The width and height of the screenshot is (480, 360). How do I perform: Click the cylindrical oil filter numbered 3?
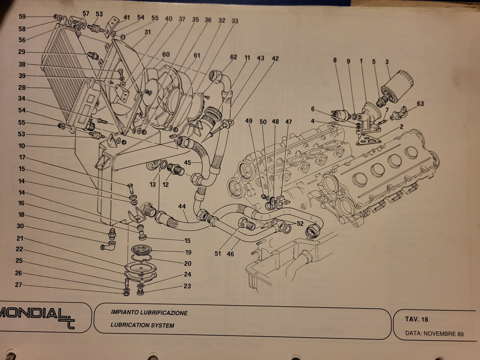click(397, 86)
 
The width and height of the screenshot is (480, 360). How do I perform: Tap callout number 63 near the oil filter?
click(420, 104)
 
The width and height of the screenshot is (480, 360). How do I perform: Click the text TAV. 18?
click(416, 319)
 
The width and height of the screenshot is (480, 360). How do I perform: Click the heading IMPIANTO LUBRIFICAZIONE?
click(149, 313)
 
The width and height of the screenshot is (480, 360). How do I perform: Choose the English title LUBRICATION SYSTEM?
click(142, 325)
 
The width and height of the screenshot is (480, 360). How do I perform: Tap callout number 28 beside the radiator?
click(22, 88)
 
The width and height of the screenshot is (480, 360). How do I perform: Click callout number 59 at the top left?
click(22, 16)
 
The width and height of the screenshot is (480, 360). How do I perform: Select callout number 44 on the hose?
click(182, 207)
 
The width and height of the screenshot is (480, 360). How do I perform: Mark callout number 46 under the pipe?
click(230, 254)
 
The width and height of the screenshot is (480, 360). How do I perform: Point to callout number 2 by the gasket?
click(402, 127)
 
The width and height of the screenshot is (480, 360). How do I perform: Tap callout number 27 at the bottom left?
click(18, 285)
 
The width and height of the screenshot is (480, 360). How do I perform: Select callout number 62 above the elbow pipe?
click(234, 57)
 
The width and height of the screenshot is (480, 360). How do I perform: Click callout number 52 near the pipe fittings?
click(300, 224)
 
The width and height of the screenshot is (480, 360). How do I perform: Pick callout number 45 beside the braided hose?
click(188, 163)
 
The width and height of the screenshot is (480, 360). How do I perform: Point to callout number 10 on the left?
click(22, 146)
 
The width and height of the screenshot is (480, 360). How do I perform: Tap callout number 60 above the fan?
click(166, 54)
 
